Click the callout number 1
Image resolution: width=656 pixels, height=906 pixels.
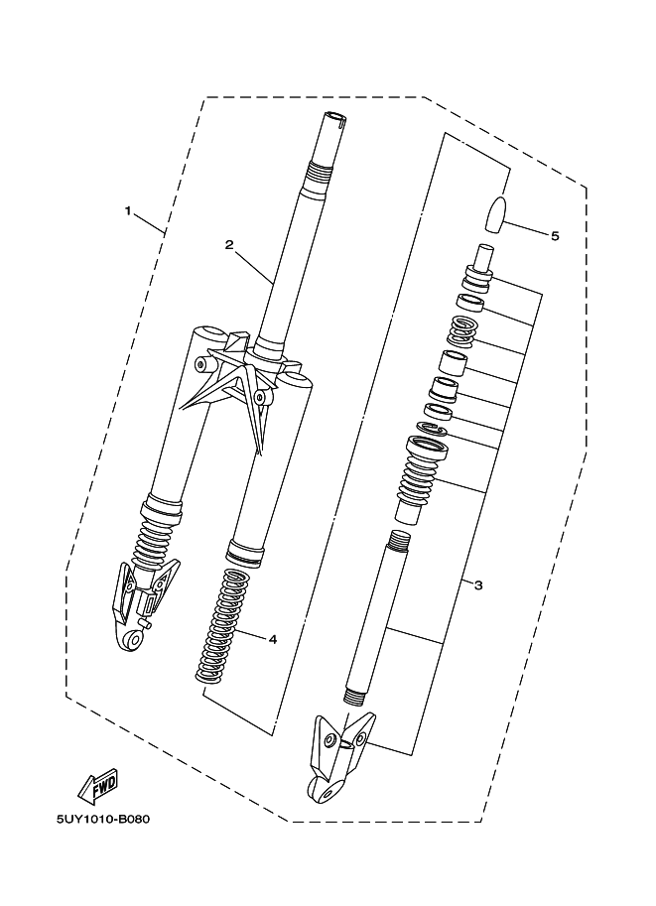coord(128,209)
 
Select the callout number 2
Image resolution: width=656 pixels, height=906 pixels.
coord(228,244)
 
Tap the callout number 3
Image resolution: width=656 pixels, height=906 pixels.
coord(477,585)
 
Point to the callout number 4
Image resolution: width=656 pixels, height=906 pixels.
coord(272,638)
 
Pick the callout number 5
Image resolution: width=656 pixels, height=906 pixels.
coord(554,235)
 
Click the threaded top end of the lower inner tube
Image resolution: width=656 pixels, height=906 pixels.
coord(399,541)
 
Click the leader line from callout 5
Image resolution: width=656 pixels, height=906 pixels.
coord(526,229)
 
